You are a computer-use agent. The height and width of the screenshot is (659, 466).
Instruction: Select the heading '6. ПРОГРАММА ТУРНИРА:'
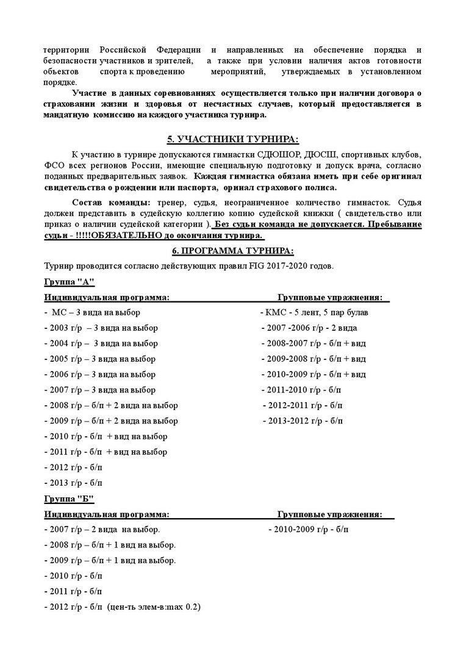(x=232, y=251)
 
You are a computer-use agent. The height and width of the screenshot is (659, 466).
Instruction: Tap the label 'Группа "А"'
(x=69, y=282)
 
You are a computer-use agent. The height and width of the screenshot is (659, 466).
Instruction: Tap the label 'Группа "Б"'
(x=69, y=499)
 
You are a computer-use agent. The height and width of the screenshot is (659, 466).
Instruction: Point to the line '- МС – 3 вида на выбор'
(x=92, y=312)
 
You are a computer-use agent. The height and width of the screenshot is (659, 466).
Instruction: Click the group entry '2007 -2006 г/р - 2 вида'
(x=309, y=328)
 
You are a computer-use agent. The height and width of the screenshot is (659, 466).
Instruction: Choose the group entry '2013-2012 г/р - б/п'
(x=303, y=420)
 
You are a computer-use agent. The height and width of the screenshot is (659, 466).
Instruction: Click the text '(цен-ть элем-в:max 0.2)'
(x=154, y=607)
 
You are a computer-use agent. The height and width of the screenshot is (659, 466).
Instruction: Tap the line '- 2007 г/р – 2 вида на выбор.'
(x=102, y=530)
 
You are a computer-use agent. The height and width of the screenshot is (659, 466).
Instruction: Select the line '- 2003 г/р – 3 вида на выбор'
(x=101, y=328)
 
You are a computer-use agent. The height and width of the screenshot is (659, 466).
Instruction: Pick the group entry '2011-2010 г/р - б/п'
(x=302, y=389)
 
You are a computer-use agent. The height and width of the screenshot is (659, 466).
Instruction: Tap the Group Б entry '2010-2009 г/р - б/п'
(x=308, y=530)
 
